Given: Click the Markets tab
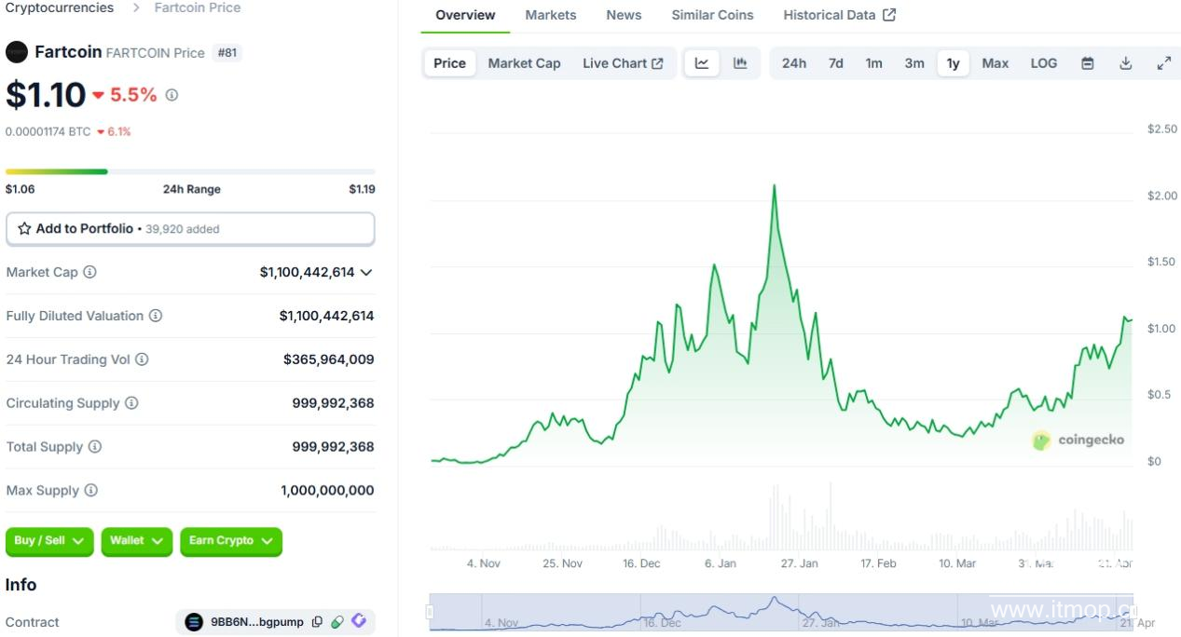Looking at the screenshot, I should pos(550,15).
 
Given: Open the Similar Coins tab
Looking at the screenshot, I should pos(712,15).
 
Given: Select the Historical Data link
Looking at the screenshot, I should pos(839,15).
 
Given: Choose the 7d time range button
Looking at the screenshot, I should pos(835,63).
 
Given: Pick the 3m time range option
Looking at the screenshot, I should pos(913,63).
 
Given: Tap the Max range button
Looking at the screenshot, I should pos(995,63).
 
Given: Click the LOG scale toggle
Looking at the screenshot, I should pos(1043,63).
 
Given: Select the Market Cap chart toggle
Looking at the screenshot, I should pos(524,63).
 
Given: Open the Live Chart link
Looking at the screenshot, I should pos(622,63).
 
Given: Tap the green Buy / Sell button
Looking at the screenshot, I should pos(49,541).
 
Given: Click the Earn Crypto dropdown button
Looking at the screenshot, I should pos(230,541).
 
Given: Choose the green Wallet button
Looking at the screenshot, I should pos(136,541).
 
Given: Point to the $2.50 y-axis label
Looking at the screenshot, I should pos(1161,129).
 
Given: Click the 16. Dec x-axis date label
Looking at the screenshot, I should pos(641,563).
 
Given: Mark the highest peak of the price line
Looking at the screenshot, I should pos(774,185).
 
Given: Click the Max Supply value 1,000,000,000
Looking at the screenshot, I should pos(327,491).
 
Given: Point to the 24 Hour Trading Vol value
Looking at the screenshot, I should pos(328,359).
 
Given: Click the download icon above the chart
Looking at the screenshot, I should pos(1125,63).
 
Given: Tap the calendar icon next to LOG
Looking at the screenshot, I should pos(1087,63).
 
